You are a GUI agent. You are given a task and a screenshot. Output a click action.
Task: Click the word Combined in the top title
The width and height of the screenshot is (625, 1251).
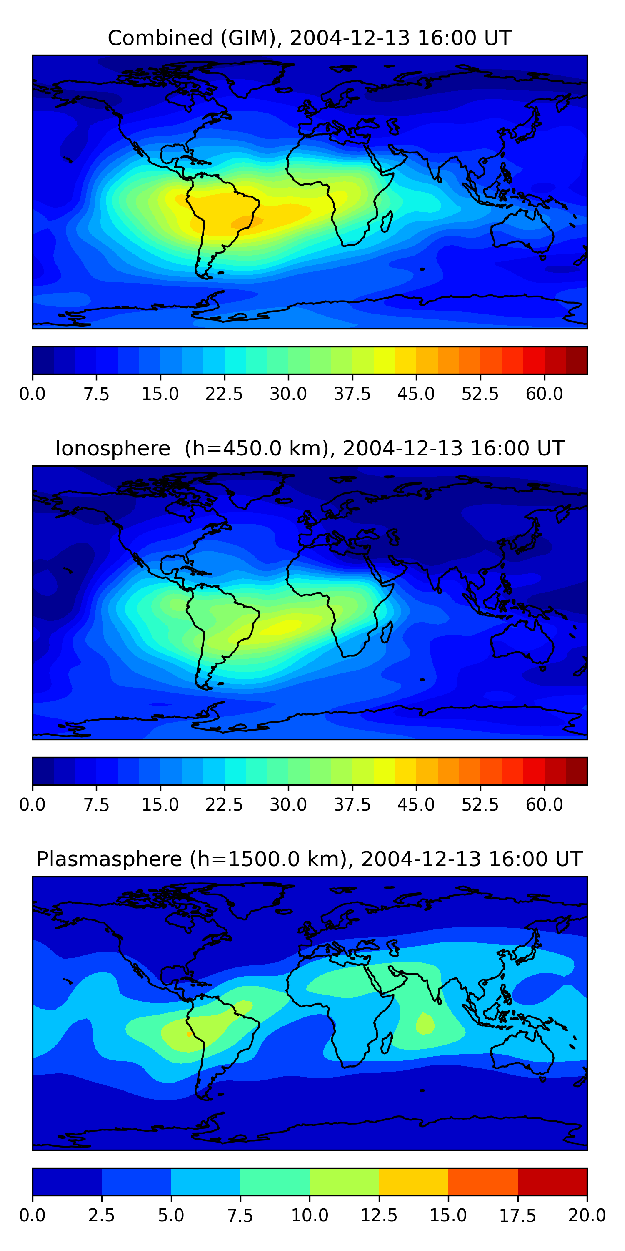click(160, 38)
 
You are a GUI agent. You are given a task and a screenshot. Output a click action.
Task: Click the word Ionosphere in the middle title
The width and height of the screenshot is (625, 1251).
click(112, 448)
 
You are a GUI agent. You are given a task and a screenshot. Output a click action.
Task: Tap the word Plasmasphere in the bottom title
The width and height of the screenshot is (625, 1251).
click(109, 859)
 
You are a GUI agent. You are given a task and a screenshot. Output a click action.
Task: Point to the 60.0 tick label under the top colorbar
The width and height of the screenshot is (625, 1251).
click(544, 394)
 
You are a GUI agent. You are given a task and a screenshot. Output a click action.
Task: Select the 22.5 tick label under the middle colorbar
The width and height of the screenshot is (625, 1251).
click(224, 804)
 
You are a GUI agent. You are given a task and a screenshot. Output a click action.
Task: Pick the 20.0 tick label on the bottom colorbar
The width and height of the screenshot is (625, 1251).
click(587, 1215)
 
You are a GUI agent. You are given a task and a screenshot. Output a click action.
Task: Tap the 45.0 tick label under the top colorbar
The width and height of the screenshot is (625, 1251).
click(416, 394)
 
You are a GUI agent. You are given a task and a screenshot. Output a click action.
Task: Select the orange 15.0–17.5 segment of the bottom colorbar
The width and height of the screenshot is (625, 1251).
click(483, 1181)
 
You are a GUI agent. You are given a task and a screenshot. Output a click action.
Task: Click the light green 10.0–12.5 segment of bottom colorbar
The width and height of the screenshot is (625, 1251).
click(344, 1181)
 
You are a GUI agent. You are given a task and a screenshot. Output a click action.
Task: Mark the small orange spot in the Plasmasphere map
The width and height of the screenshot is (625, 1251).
click(189, 1035)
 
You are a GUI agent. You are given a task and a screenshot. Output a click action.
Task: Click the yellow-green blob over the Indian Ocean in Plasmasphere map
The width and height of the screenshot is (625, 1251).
click(425, 1024)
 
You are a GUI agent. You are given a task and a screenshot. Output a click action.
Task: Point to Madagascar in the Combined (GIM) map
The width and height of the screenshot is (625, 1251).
click(387, 221)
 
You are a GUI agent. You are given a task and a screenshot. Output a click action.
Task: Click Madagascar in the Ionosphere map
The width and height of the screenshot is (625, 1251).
click(387, 632)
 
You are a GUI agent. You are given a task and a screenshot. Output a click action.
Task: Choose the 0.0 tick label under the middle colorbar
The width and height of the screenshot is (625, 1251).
click(32, 804)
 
